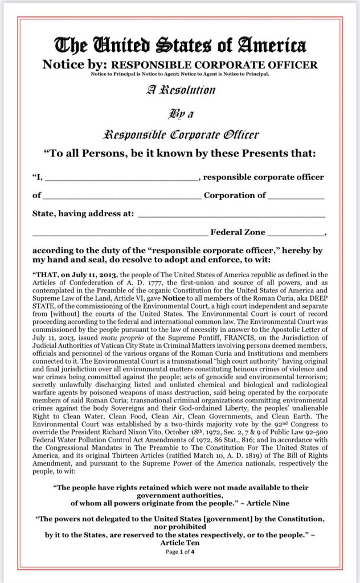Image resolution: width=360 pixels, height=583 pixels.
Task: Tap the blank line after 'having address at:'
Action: pyautogui.click(x=232, y=214)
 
